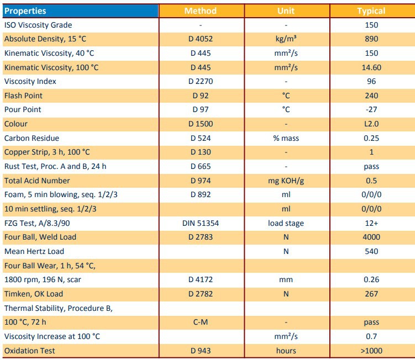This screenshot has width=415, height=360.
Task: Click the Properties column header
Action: pyautogui.click(x=25, y=10)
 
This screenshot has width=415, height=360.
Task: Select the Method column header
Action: pyautogui.click(x=200, y=10)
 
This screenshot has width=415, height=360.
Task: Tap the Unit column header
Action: pyautogui.click(x=286, y=10)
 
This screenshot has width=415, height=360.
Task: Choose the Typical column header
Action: pyautogui.click(x=371, y=10)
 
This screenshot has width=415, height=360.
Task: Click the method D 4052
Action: pyautogui.click(x=201, y=39)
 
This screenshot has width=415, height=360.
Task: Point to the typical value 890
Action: pyautogui.click(x=371, y=39)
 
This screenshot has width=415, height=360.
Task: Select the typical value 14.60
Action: pyautogui.click(x=371, y=67)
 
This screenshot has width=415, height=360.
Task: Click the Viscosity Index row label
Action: pyautogui.click(x=30, y=81)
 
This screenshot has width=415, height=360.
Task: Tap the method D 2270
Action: pyautogui.click(x=201, y=81)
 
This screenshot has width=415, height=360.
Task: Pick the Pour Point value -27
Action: pyautogui.click(x=371, y=109)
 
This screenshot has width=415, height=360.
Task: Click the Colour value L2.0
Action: pyautogui.click(x=371, y=124)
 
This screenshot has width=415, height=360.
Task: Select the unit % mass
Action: pyautogui.click(x=286, y=138)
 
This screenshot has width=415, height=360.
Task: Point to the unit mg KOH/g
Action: pyautogui.click(x=286, y=181)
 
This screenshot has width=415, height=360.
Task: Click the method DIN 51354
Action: pyautogui.click(x=201, y=223)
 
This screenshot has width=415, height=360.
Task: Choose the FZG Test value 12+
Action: pyautogui.click(x=371, y=223)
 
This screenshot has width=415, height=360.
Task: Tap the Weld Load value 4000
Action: pyautogui.click(x=371, y=237)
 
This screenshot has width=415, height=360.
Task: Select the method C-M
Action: pyautogui.click(x=201, y=322)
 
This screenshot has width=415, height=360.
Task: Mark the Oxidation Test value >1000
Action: pyautogui.click(x=371, y=351)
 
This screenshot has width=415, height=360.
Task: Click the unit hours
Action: pyautogui.click(x=286, y=351)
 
